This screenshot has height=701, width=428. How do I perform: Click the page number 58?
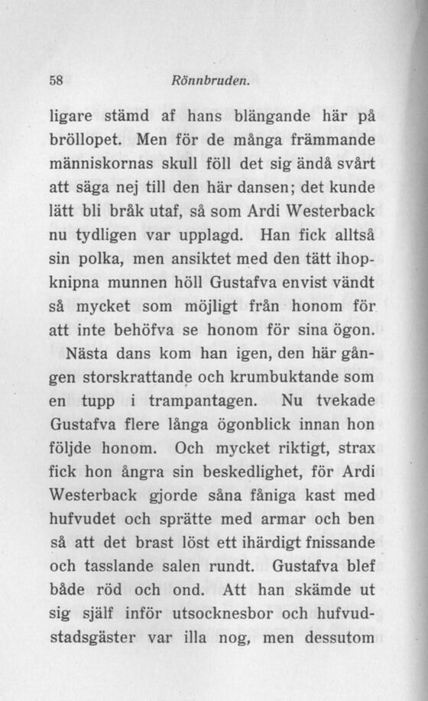55,77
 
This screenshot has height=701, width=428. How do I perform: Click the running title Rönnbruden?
203,77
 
